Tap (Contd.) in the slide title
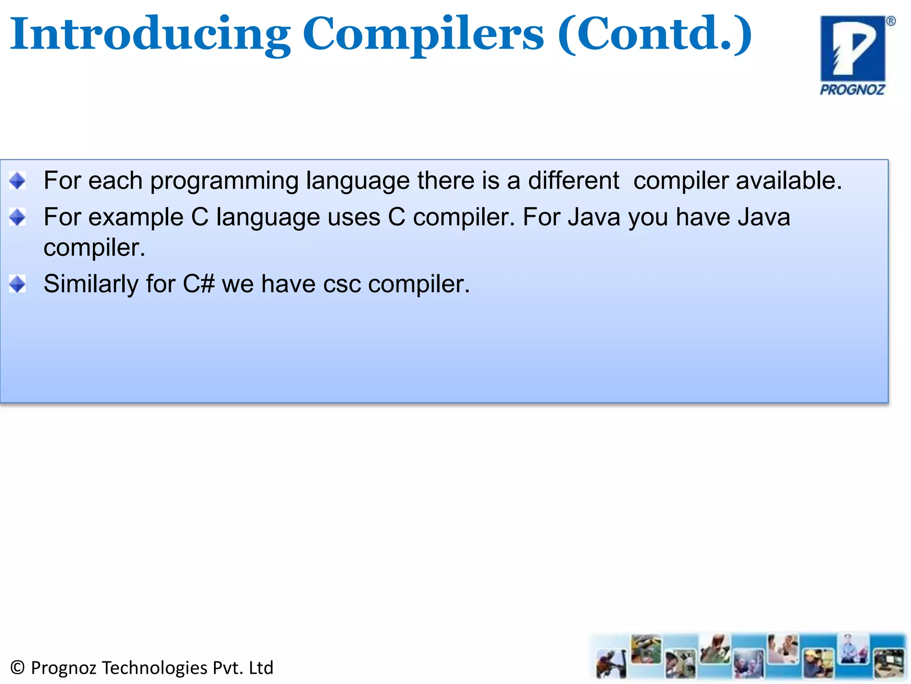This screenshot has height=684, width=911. [x=654, y=34]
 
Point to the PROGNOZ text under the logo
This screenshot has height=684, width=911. [x=852, y=90]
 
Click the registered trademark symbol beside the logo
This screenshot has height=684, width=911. [x=891, y=21]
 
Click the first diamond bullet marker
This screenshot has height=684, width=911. [x=18, y=181]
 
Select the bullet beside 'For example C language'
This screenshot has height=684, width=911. [x=18, y=217]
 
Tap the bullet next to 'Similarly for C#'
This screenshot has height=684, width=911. [x=18, y=284]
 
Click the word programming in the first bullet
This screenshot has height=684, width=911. [x=224, y=182]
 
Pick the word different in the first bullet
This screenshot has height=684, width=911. [x=573, y=181]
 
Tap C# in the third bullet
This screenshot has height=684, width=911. [x=199, y=284]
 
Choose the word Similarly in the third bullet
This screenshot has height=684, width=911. [x=91, y=284]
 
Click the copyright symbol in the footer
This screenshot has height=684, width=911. [x=17, y=668]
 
